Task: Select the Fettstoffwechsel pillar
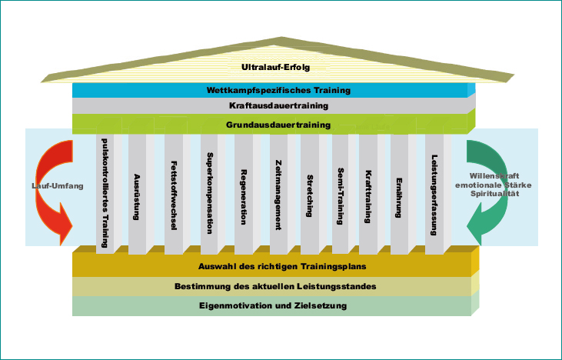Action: coord(173,194)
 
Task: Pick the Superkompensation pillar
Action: coord(209,194)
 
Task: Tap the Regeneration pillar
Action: coord(243,194)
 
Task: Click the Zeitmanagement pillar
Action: coord(277,194)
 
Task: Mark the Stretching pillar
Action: coord(309,194)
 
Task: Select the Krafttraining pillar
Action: coord(368,194)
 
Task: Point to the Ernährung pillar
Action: coord(400,194)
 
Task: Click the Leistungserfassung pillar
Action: coord(434,194)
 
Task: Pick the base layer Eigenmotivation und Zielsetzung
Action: coord(272,306)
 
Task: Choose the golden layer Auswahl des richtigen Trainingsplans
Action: coord(272,266)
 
